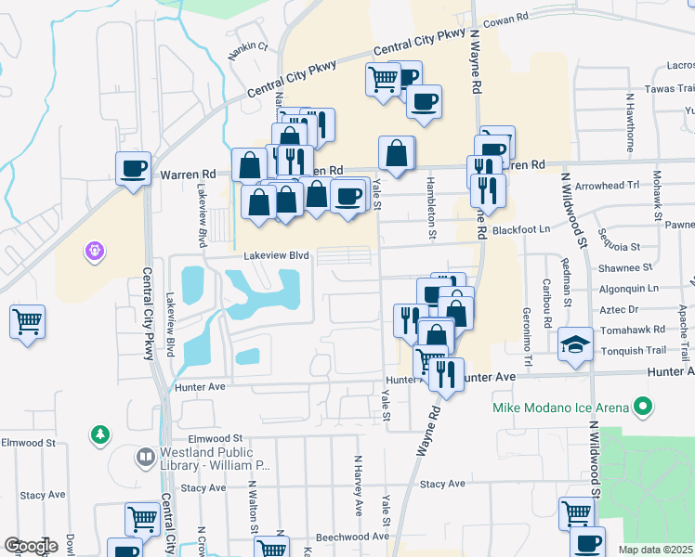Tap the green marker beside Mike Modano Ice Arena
click(641, 407)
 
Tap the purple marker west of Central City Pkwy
click(94, 250)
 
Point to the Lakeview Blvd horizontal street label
click(275, 255)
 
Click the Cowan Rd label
click(507, 18)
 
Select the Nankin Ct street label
click(249, 46)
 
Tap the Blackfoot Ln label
click(521, 228)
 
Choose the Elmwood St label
click(215, 437)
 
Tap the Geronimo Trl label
click(527, 334)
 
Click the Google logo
click(31, 546)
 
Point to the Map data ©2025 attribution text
click(656, 550)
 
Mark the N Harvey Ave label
click(357, 485)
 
